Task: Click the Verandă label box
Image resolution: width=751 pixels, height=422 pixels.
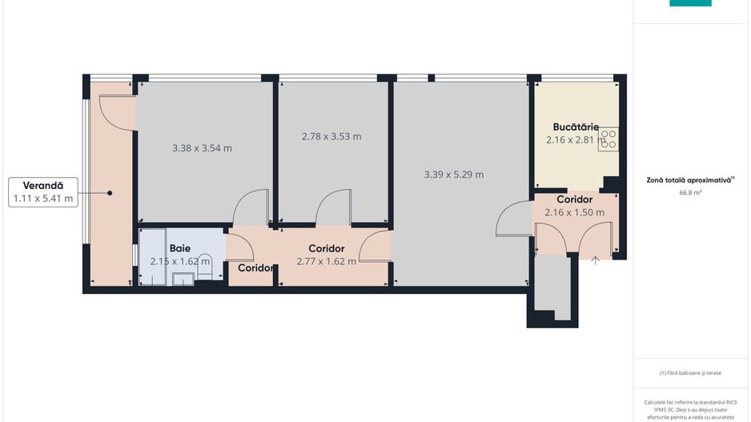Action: pyautogui.click(x=43, y=192)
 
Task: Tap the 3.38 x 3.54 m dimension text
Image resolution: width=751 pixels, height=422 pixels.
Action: pyautogui.click(x=202, y=148)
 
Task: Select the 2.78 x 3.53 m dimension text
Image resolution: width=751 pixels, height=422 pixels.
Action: pyautogui.click(x=331, y=136)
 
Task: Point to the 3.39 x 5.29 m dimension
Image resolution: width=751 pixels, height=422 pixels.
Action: pyautogui.click(x=453, y=175)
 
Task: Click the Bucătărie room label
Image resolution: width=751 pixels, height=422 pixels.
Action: pyautogui.click(x=576, y=127)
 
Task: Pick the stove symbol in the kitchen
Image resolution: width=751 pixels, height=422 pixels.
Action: pyautogui.click(x=608, y=139)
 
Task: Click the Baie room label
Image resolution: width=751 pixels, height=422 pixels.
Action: pyautogui.click(x=179, y=248)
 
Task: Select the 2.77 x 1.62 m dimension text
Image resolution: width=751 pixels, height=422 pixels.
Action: pyautogui.click(x=326, y=261)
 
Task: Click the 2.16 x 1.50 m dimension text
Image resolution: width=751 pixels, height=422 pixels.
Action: pyautogui.click(x=574, y=212)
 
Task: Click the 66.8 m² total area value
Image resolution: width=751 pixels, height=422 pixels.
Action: pyautogui.click(x=690, y=193)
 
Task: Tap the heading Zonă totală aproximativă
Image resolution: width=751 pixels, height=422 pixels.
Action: pyautogui.click(x=690, y=180)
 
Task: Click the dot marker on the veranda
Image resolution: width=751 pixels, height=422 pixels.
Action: pyautogui.click(x=110, y=193)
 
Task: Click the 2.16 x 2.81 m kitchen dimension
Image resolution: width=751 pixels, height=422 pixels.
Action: pyautogui.click(x=575, y=139)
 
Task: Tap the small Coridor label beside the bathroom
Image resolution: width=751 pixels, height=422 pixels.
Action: pyautogui.click(x=255, y=268)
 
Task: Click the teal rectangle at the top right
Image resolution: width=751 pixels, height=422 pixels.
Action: pyautogui.click(x=690, y=3)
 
